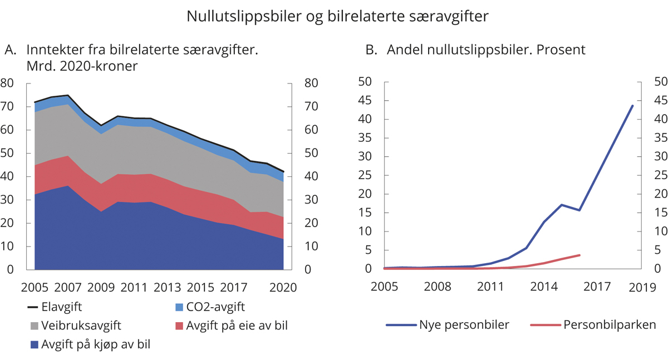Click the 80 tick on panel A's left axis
7,83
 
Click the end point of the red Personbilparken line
579,255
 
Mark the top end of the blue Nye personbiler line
633,105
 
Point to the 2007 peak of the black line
68,95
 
